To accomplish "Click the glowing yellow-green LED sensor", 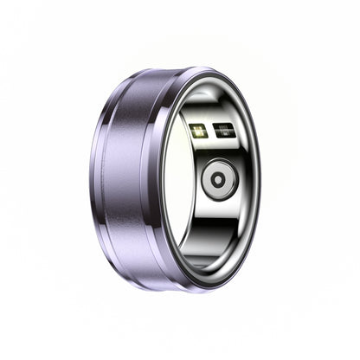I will (198, 132).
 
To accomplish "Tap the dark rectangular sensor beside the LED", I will (224, 132).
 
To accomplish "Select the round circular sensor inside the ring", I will (218, 180).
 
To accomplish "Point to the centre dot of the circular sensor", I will (218, 180).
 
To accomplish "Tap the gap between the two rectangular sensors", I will (211, 132).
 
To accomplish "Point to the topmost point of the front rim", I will (212, 70).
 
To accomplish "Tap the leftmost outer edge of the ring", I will (88, 173).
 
